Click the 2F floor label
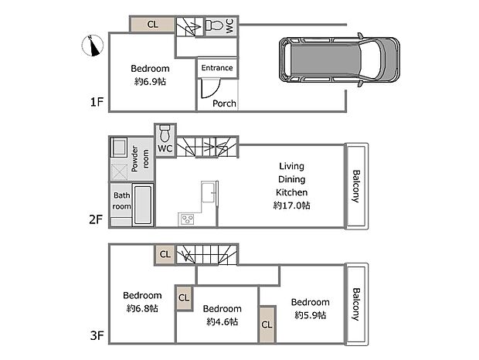96,219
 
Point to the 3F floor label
96,336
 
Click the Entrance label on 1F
216,68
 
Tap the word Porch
224,103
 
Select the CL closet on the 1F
152,25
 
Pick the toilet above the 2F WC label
165,131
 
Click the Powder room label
140,160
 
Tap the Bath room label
122,201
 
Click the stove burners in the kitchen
188,219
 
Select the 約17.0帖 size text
291,205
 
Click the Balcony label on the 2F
355,185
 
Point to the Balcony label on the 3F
355,304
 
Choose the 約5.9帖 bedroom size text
309,315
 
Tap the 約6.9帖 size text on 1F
150,81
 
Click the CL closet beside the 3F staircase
165,253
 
